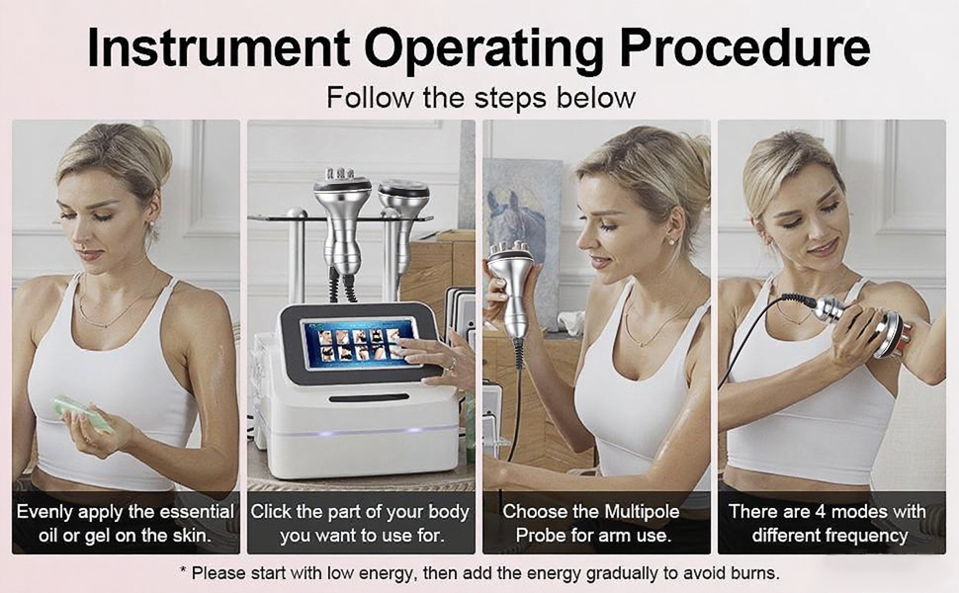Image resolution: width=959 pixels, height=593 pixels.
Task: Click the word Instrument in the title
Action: coord(218,46)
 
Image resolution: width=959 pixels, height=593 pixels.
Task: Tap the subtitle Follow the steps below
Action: coord(479,98)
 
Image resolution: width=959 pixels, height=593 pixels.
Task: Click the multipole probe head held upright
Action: coord(510,264)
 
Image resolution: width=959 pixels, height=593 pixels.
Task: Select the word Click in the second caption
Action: coord(272,512)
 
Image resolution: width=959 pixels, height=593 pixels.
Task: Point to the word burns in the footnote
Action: coord(754,572)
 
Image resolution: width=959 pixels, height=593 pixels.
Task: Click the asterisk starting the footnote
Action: coord(183,571)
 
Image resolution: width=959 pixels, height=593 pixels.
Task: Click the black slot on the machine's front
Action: coord(369,398)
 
